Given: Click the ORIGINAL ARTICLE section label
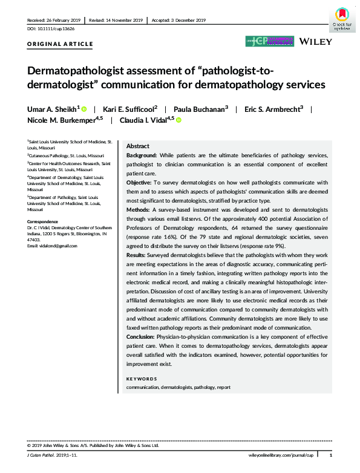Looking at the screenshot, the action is pyautogui.click(x=60, y=44).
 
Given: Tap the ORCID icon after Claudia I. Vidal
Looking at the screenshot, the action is pyautogui.click(x=179, y=120).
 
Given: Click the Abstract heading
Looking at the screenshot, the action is pyautogui.click(x=138, y=147).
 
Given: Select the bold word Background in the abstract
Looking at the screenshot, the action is pyautogui.click(x=142, y=156).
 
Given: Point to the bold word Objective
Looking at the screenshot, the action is pyautogui.click(x=139, y=182).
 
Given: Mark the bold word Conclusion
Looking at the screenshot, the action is pyautogui.click(x=141, y=336).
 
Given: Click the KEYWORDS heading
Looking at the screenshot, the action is pyautogui.click(x=141, y=379).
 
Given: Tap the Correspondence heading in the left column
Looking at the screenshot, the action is pyautogui.click(x=44, y=221).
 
